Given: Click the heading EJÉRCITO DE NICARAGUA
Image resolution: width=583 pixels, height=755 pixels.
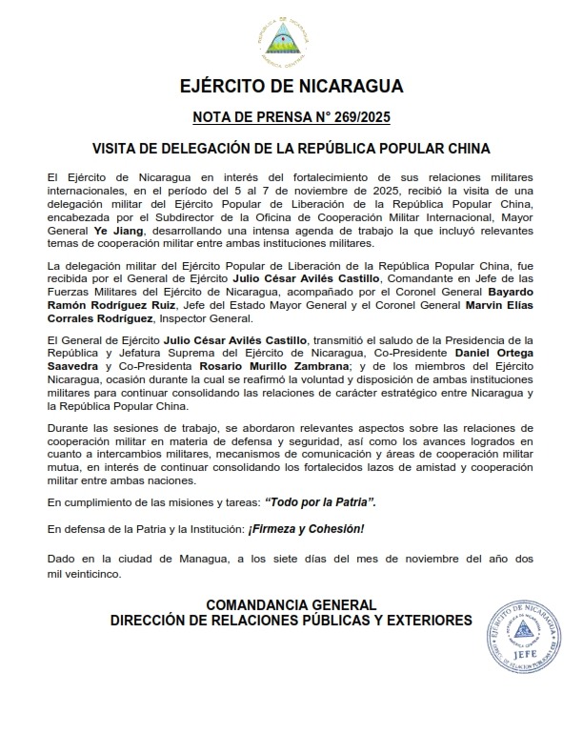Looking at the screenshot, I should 291,87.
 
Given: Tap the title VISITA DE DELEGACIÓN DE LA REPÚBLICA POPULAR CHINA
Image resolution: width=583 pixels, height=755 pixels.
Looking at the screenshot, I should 291,150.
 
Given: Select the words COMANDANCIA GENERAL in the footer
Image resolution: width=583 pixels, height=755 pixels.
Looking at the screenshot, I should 291,604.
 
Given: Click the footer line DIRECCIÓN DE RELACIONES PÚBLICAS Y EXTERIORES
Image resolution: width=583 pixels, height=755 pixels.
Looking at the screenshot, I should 291,620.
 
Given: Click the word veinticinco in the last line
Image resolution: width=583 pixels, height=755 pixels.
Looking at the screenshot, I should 94,575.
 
